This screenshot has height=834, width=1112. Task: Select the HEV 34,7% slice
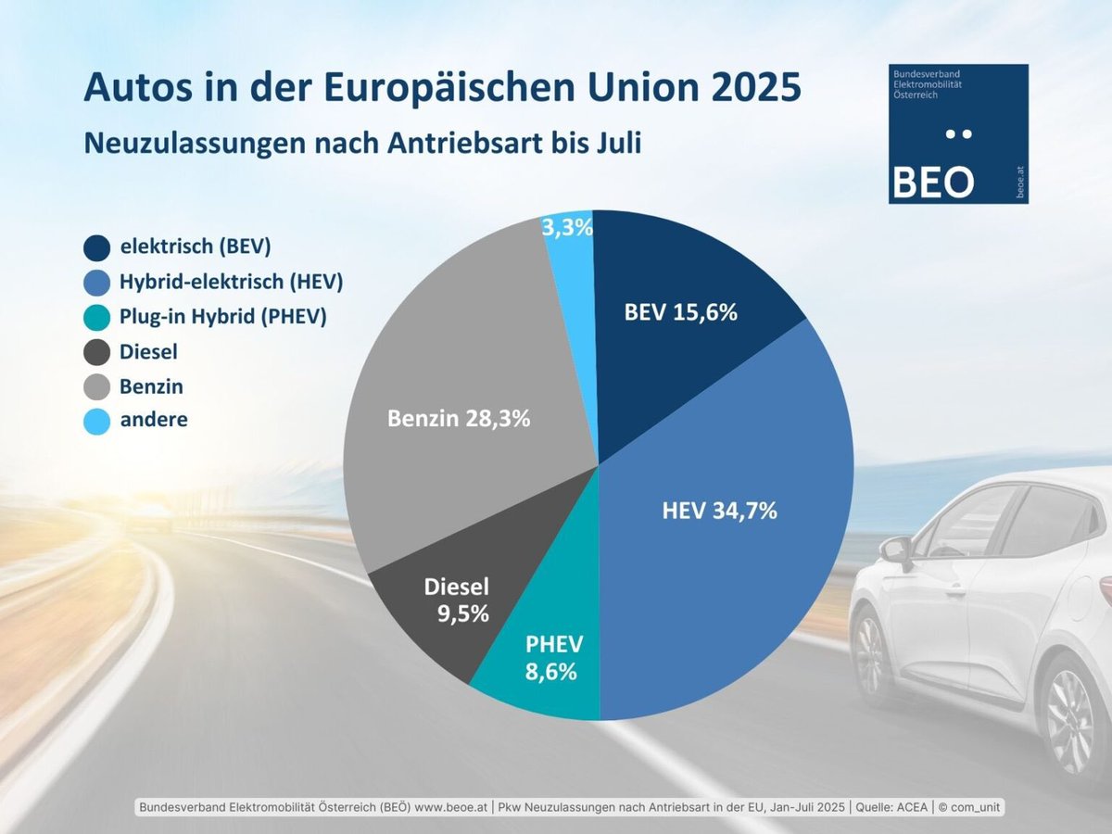pos(732,519)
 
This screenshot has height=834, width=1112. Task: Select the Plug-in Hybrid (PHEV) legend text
pos(223,317)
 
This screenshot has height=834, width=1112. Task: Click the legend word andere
pos(154,419)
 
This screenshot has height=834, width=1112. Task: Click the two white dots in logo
pos(957,134)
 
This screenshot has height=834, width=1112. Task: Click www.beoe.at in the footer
pos(451,808)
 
